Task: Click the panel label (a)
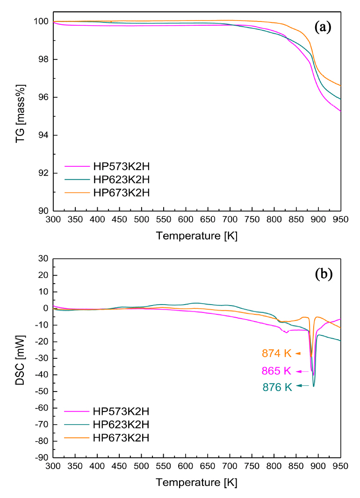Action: [x=323, y=28]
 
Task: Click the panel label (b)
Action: [x=323, y=274]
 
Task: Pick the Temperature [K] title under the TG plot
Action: [x=197, y=236]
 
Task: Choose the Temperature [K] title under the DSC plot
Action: [x=197, y=482]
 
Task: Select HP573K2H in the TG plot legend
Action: [x=121, y=166]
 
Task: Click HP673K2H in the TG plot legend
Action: [x=121, y=192]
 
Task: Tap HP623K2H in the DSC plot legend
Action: [x=121, y=425]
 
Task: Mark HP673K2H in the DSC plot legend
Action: [x=121, y=438]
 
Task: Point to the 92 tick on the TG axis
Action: [x=43, y=173]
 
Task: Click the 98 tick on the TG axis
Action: [x=43, y=59]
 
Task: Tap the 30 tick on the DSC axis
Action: [x=44, y=258]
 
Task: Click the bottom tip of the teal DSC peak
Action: [x=314, y=386]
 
